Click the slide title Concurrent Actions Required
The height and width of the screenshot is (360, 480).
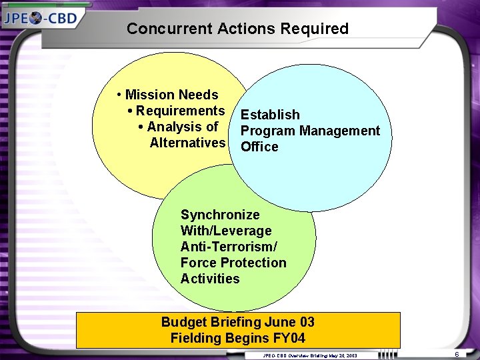[x=237, y=29]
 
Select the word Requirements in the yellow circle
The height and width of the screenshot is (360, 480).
[x=180, y=111]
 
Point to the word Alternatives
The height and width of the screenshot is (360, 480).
[x=187, y=143]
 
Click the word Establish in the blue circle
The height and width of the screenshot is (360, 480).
[x=270, y=115]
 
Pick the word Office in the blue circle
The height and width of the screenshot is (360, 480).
[x=259, y=147]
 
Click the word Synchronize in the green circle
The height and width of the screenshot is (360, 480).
[x=220, y=215]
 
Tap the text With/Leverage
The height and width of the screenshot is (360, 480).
[x=226, y=231]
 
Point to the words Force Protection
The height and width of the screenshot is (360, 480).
[x=233, y=263]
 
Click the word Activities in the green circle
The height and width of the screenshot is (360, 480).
[x=210, y=279]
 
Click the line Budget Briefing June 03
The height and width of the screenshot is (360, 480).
[x=238, y=322]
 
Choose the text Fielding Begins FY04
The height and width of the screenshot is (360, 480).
[x=238, y=338]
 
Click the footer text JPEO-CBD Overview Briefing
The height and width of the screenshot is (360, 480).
[x=293, y=356]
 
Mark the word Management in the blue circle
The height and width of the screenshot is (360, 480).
[x=339, y=131]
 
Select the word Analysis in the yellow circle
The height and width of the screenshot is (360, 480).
[x=175, y=127]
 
